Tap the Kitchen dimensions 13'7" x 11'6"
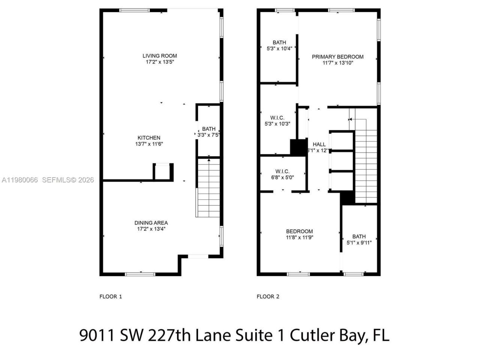149,144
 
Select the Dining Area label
151,223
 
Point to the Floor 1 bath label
209,129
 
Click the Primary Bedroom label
337,57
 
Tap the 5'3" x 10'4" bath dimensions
279,48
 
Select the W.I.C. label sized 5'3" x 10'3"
277,118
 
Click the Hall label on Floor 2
319,144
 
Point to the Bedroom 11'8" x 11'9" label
299,231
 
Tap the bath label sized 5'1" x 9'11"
359,236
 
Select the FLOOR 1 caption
111,297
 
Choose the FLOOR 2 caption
268,297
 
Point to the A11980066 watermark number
19,180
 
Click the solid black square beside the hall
298,147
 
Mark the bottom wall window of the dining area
140,274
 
